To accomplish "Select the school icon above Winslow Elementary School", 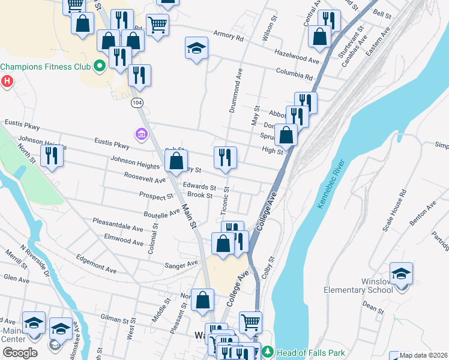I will coord(401,274).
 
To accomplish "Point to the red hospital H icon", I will coord(7,81).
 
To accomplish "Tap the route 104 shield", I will coord(137,103).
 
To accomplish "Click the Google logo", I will coord(20,353).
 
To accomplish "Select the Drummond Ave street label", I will coord(235,90).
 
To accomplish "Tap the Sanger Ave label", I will coord(182,264).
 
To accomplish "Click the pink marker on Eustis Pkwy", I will coord(141,135).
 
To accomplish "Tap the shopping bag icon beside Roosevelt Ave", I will coord(176,161).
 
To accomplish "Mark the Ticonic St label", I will coord(225,201).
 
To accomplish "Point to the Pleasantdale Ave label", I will coord(118,225).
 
